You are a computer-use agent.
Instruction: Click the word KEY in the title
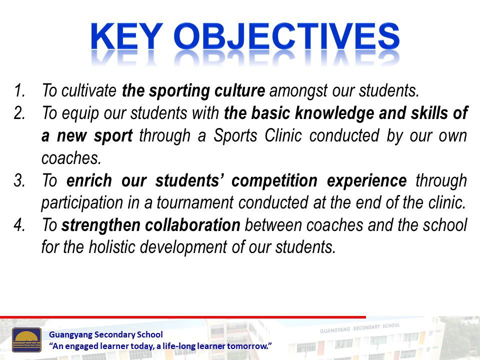coord(126,36)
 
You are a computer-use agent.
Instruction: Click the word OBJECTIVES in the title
coord(286,36)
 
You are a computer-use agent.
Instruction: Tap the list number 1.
coord(19,90)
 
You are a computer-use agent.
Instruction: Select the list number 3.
coord(19,180)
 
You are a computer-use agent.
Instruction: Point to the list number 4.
coord(19,225)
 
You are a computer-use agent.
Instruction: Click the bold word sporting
coord(179,91)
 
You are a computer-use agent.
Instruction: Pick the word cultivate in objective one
coord(89,90)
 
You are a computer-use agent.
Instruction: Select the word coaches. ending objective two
coord(71,158)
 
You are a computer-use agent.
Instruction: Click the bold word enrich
coord(89,180)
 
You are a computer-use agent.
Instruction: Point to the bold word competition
coord(274,181)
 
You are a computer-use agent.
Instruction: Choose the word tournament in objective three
coord(195,203)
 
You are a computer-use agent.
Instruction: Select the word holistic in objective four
coord(111,247)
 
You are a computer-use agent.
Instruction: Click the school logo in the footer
coord(26,340)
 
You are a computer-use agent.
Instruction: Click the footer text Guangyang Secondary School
coord(106,335)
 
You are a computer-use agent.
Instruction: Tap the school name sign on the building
coord(360,328)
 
